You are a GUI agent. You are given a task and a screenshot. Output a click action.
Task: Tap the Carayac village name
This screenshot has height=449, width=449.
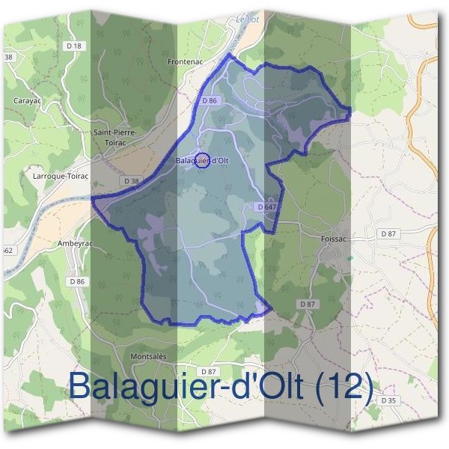coord(28,100)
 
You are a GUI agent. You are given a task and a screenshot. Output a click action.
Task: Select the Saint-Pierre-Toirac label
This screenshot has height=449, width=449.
coord(115,136)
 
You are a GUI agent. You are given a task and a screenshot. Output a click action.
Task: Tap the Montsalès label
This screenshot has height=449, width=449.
coord(148,356)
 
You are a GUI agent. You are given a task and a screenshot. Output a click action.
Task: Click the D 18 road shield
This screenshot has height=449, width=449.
coord(73,46)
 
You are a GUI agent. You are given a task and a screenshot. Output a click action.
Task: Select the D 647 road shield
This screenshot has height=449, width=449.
coord(266,207)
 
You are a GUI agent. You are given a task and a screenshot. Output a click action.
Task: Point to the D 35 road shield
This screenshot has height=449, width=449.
coord(388,401)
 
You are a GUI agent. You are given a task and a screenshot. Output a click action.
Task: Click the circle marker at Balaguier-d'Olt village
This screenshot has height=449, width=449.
coord(201,159)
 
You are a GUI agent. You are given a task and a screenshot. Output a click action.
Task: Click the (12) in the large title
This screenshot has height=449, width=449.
coord(345,388)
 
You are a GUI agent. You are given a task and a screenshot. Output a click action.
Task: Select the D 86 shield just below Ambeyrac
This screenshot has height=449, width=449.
coord(77,281)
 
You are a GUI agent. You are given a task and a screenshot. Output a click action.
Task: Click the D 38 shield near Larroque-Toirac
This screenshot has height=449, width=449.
coord(130,181)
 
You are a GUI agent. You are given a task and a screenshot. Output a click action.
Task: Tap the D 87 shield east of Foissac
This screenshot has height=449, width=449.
coord(388,234)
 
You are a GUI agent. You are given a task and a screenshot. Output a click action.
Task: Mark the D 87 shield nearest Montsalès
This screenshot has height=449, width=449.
coord(208,371)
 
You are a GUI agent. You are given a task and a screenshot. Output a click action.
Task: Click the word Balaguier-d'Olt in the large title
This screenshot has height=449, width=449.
coord(186,388)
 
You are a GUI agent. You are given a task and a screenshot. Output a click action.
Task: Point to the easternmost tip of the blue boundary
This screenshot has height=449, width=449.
coord(350,112)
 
